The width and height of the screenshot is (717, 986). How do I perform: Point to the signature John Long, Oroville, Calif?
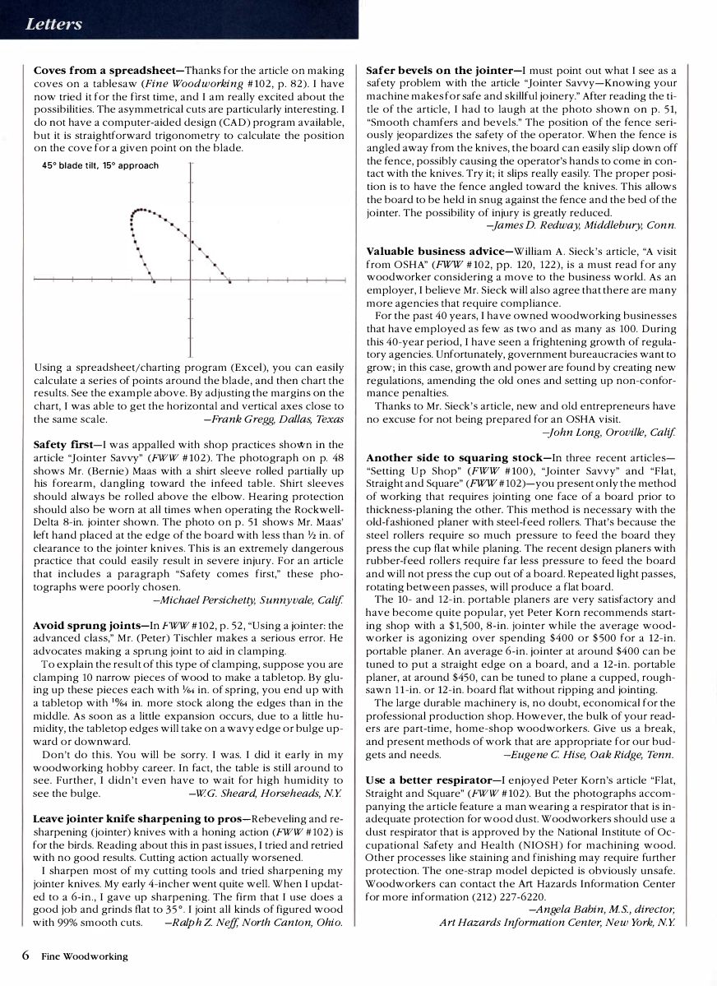click(x=609, y=431)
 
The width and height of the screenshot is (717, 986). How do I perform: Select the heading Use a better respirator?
click(x=433, y=780)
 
